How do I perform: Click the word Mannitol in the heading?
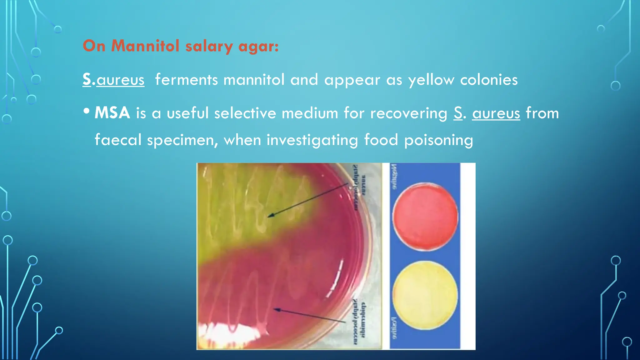pyautogui.click(x=145, y=46)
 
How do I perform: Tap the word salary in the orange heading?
pyautogui.click(x=209, y=47)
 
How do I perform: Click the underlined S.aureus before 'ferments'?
pyautogui.click(x=113, y=80)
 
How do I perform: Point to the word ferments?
pyautogui.click(x=186, y=80)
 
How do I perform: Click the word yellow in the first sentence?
pyautogui.click(x=431, y=80)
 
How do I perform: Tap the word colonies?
pyautogui.click(x=489, y=80)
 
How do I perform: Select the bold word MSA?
pyautogui.click(x=112, y=113)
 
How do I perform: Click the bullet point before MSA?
pyautogui.click(x=87, y=111)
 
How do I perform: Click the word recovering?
pyautogui.click(x=409, y=113)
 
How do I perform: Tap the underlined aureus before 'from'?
pyautogui.click(x=496, y=113)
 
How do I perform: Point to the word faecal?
pyautogui.click(x=118, y=140)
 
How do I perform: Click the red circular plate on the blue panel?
pyautogui.click(x=425, y=216)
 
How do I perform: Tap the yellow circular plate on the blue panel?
pyautogui.click(x=425, y=295)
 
